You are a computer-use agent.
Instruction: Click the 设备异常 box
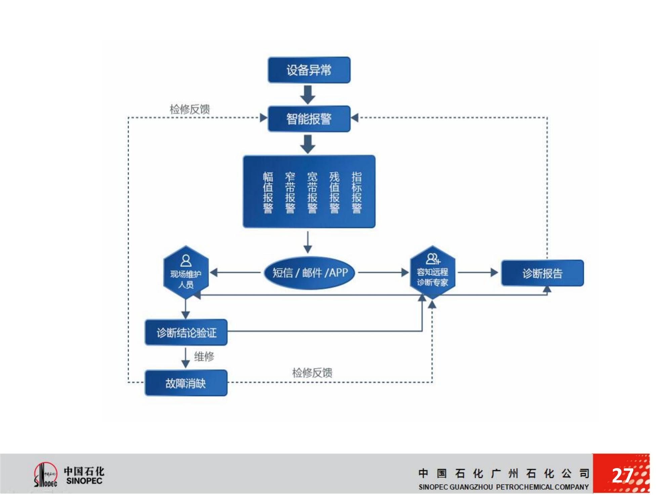pyautogui.click(x=309, y=70)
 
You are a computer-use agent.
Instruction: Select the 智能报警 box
pyautogui.click(x=309, y=119)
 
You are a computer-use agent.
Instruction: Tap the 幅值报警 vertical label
pyautogui.click(x=268, y=192)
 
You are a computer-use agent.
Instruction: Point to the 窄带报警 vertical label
pyautogui.click(x=290, y=192)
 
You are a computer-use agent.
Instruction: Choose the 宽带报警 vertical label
pyautogui.click(x=312, y=192)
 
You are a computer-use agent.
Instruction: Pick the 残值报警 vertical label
pyautogui.click(x=334, y=192)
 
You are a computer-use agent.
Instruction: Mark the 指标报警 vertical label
pyautogui.click(x=356, y=192)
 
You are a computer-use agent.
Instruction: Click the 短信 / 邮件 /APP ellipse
pyautogui.click(x=309, y=272)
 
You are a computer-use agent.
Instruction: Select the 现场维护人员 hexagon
pyautogui.click(x=186, y=272)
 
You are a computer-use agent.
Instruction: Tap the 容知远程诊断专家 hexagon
pyautogui.click(x=432, y=272)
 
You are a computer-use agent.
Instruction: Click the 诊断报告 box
pyautogui.click(x=542, y=273)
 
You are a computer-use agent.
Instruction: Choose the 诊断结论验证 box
pyautogui.click(x=186, y=332)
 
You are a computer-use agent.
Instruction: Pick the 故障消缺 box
pyautogui.click(x=186, y=383)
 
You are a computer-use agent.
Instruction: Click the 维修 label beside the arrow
pyautogui.click(x=204, y=356)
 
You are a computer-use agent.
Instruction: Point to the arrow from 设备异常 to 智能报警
pyautogui.click(x=308, y=94)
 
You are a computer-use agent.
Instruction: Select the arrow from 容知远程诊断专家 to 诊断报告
pyautogui.click(x=477, y=272)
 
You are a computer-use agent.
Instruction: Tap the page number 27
pyautogui.click(x=622, y=475)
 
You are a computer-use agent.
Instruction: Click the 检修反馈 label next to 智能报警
pyautogui.click(x=190, y=109)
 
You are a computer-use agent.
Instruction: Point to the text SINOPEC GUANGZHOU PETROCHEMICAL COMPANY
pyautogui.click(x=503, y=487)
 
